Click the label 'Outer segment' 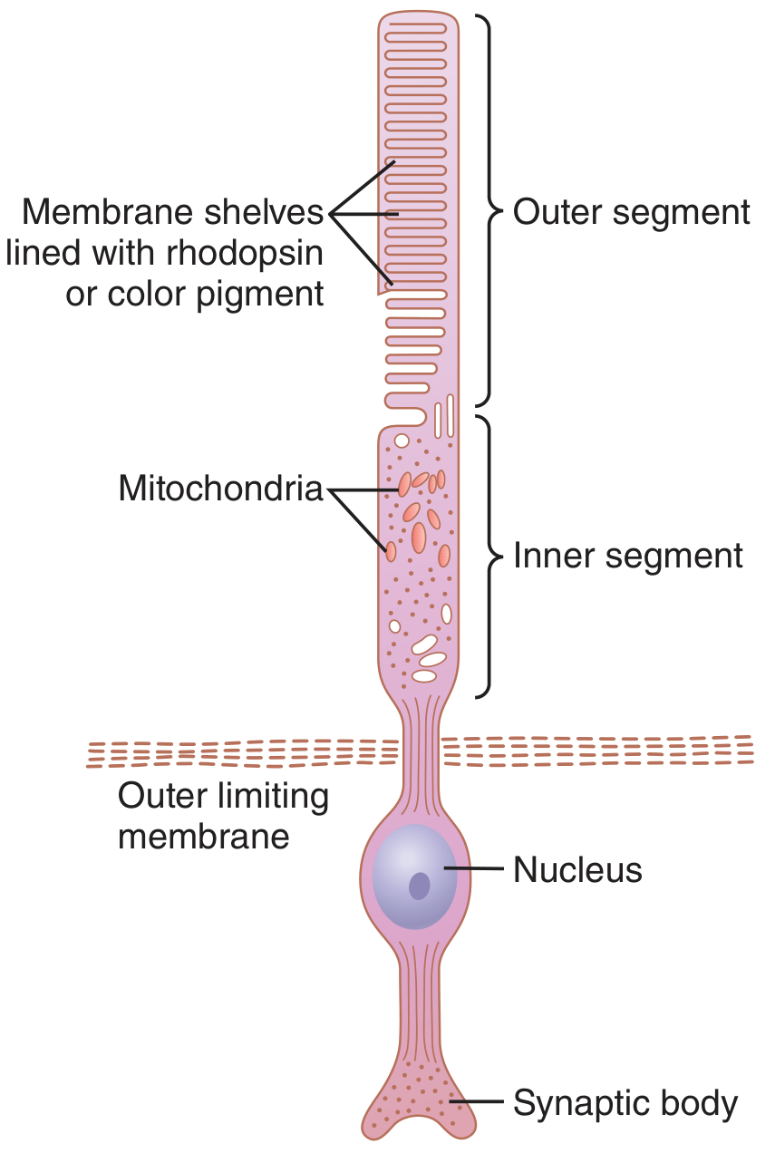632,212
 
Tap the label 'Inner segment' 628,556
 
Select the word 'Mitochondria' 221,488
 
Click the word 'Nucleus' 578,869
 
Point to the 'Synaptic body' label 625,1103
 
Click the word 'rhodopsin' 245,254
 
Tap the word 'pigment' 260,296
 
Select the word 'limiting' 273,797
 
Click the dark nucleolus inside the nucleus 420,886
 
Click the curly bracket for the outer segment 489,211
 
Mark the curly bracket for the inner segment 489,557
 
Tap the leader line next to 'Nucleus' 473,868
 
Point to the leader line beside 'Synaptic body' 477,1101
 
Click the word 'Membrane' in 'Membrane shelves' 108,212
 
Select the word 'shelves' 264,212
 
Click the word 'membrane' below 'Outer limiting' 204,837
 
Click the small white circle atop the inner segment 402,441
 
